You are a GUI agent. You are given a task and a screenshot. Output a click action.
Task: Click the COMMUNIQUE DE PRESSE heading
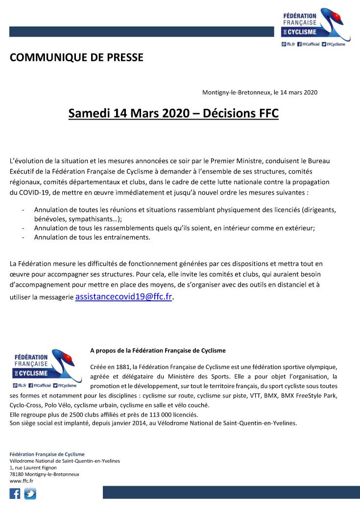(x=76, y=57)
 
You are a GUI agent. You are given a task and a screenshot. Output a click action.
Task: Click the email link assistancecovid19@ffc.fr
(x=123, y=297)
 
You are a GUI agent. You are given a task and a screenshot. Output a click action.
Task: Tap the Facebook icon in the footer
(x=15, y=494)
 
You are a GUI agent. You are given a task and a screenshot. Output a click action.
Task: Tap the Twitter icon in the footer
(x=30, y=494)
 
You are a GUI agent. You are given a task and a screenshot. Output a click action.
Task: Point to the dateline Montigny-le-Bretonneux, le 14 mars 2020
(x=260, y=92)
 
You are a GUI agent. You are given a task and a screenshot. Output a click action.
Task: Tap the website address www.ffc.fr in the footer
(x=21, y=481)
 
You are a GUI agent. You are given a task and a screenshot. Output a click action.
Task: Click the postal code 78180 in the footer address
(x=17, y=474)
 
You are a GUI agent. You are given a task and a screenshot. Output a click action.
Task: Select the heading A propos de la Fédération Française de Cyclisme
(x=158, y=350)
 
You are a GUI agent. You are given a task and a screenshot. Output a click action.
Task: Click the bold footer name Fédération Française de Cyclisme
(x=47, y=454)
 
